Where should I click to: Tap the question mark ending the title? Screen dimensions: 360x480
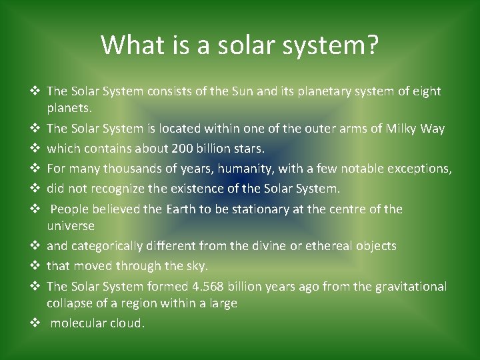(x=373, y=45)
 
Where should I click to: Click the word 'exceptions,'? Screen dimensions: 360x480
(x=416, y=168)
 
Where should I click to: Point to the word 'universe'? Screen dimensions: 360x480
(x=71, y=226)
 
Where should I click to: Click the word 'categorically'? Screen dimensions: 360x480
(x=106, y=246)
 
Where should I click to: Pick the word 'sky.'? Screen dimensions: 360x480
(x=194, y=266)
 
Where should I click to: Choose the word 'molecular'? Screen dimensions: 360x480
(x=79, y=323)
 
